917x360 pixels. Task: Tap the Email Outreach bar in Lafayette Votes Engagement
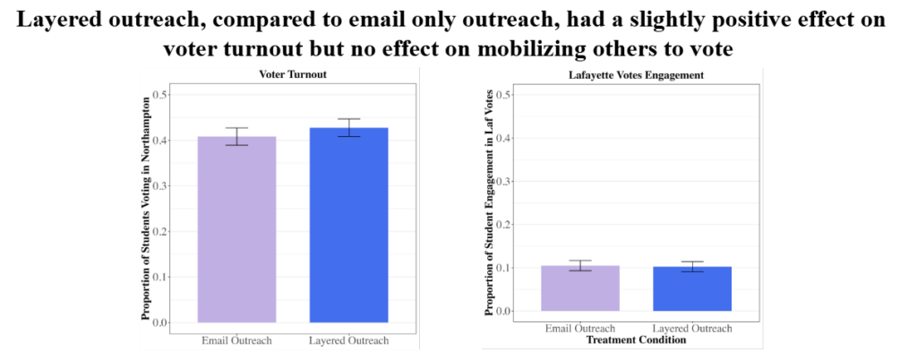581,288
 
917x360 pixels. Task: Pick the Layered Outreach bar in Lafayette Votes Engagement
691,288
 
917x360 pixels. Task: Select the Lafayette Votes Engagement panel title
637,75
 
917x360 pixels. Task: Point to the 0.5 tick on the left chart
160,95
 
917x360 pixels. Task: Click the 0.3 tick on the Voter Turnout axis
160,186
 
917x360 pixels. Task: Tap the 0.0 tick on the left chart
160,322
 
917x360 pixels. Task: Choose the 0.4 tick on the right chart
504,138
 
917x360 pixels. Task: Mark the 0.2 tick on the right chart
504,225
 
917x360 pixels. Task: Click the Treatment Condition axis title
636,340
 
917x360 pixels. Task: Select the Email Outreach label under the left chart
236,340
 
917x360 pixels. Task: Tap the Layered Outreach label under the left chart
348,340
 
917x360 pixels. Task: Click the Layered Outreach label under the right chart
692,329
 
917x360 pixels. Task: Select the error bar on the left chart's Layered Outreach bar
348,128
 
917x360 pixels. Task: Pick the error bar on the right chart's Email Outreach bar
581,265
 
